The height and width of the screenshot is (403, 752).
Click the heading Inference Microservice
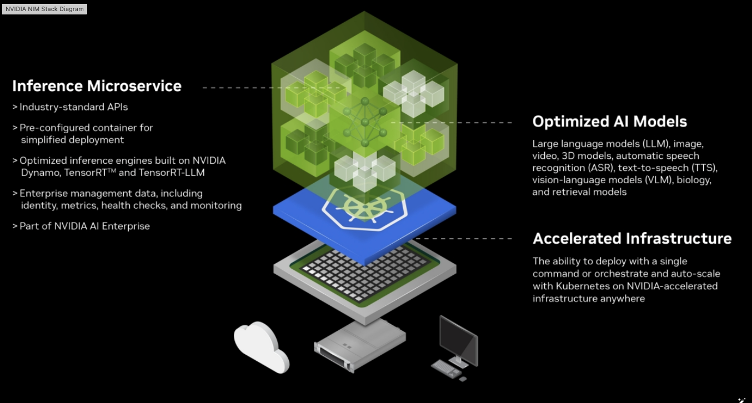[97, 86]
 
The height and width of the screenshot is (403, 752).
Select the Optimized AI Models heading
[610, 122]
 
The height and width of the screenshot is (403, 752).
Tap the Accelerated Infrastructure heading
[632, 239]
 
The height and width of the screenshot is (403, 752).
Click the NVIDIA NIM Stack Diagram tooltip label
[44, 9]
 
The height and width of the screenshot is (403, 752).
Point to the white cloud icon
[261, 346]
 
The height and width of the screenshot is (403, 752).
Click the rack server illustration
[359, 346]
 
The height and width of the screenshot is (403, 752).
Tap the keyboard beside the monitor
[446, 369]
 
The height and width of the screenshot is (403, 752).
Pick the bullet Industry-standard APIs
[70, 107]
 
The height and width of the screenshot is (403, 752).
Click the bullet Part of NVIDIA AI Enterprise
[81, 226]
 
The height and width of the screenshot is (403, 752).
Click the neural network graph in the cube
[364, 122]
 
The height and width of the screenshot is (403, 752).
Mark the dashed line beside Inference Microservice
[271, 88]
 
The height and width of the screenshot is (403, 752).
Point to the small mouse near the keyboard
[463, 379]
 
